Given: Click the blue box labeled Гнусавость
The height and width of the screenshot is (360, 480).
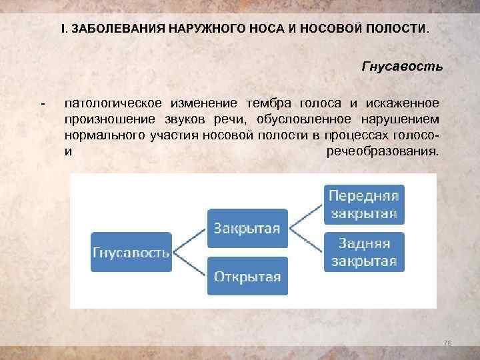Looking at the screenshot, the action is tap(130, 251).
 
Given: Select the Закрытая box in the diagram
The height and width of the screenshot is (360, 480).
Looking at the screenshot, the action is tap(247, 229).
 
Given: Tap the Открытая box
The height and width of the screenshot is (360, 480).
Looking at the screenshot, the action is tap(247, 275).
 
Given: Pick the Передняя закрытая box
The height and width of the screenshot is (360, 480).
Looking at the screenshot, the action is tap(363, 205).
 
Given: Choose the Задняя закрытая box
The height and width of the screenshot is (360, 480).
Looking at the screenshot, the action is tap(363, 251).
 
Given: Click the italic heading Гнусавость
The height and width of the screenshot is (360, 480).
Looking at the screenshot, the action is tap(401, 67).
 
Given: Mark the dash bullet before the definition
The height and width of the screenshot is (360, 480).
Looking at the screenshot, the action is tap(43, 103).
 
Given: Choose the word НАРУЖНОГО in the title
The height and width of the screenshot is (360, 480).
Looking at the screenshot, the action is tap(205, 31).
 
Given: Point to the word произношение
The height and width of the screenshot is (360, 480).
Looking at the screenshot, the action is tap(107, 118).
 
